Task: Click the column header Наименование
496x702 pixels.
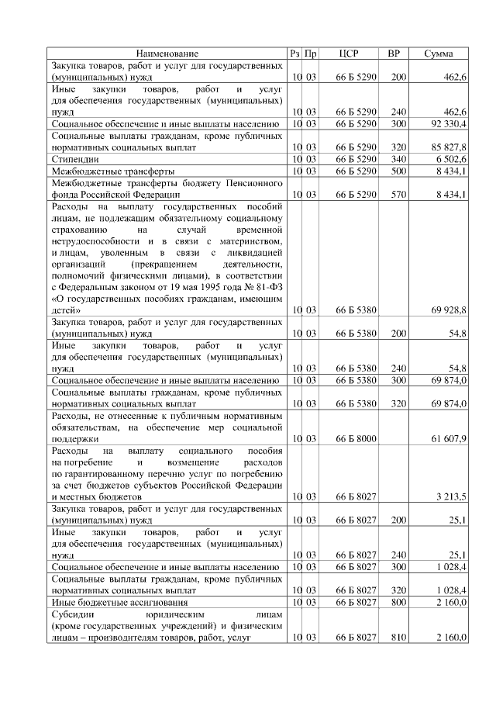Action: [167, 54]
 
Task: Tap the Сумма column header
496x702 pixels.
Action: [444, 54]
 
